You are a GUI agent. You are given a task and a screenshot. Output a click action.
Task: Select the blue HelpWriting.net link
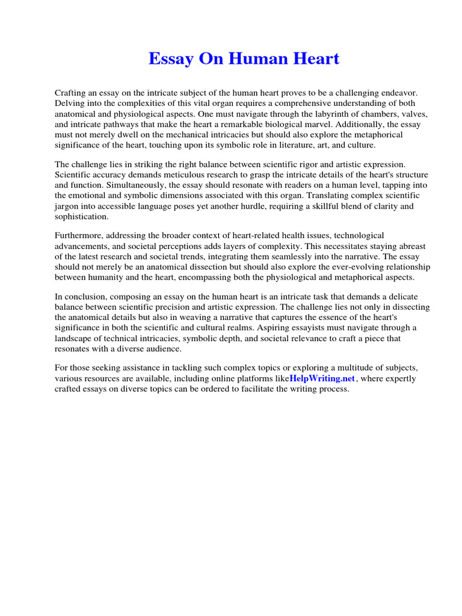point(323,378)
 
